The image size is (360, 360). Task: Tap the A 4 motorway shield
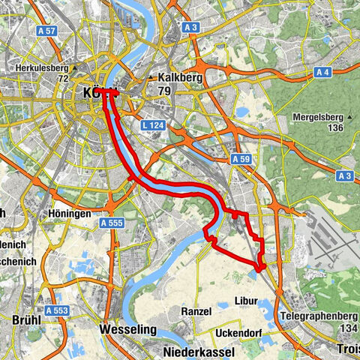tap(323, 72)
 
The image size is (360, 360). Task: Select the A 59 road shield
tap(240, 160)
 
